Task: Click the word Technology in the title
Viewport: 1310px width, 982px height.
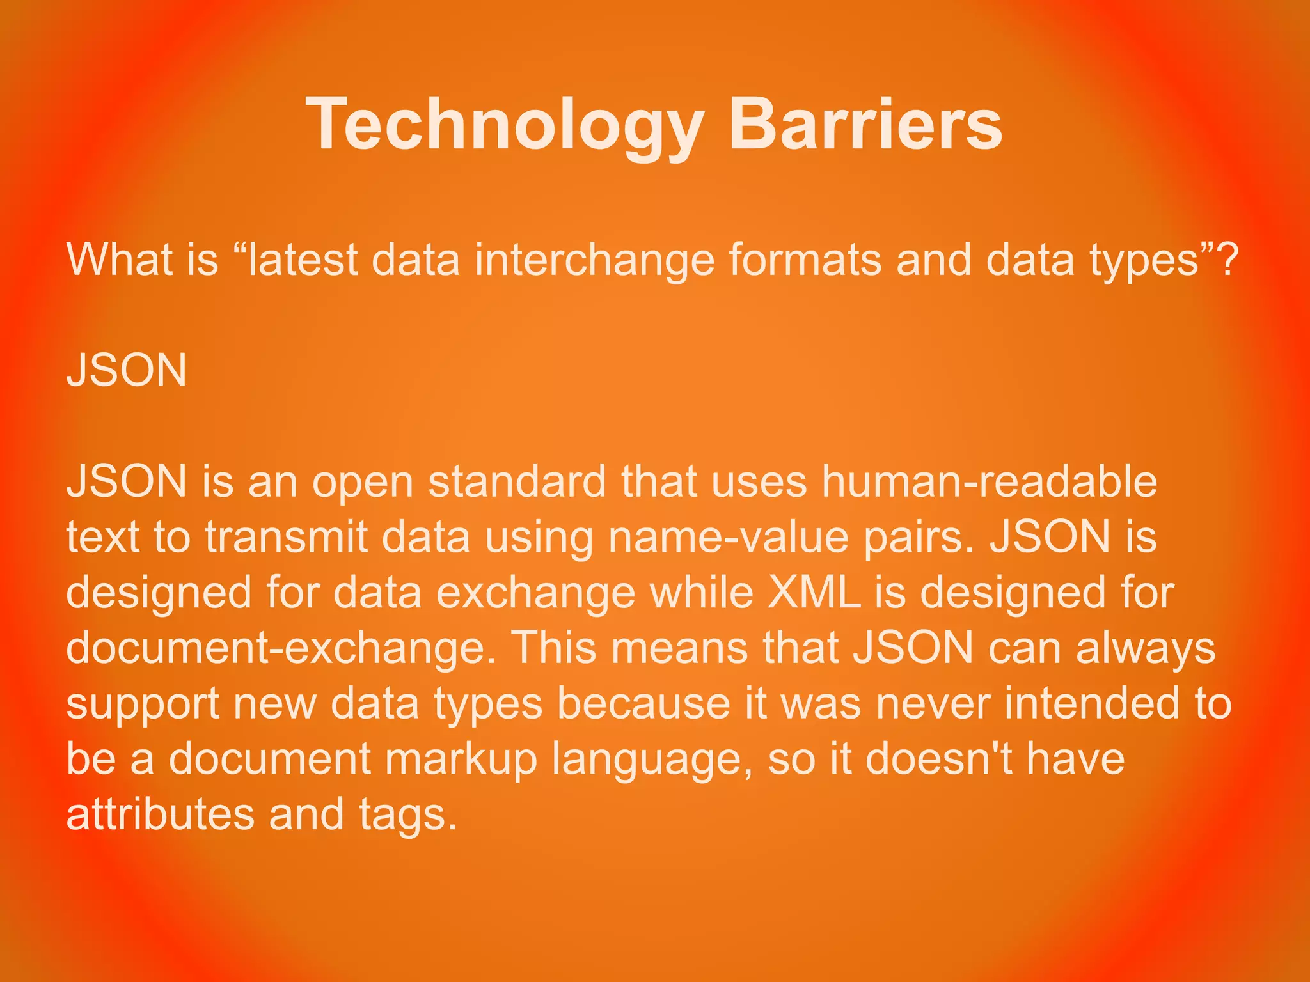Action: [x=505, y=125]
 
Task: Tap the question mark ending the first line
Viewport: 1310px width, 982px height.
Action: [x=1227, y=260]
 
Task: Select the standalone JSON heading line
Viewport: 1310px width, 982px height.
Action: [x=127, y=370]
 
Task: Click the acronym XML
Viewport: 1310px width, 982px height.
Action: [x=814, y=593]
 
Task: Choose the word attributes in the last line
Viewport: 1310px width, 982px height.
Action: [x=160, y=814]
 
